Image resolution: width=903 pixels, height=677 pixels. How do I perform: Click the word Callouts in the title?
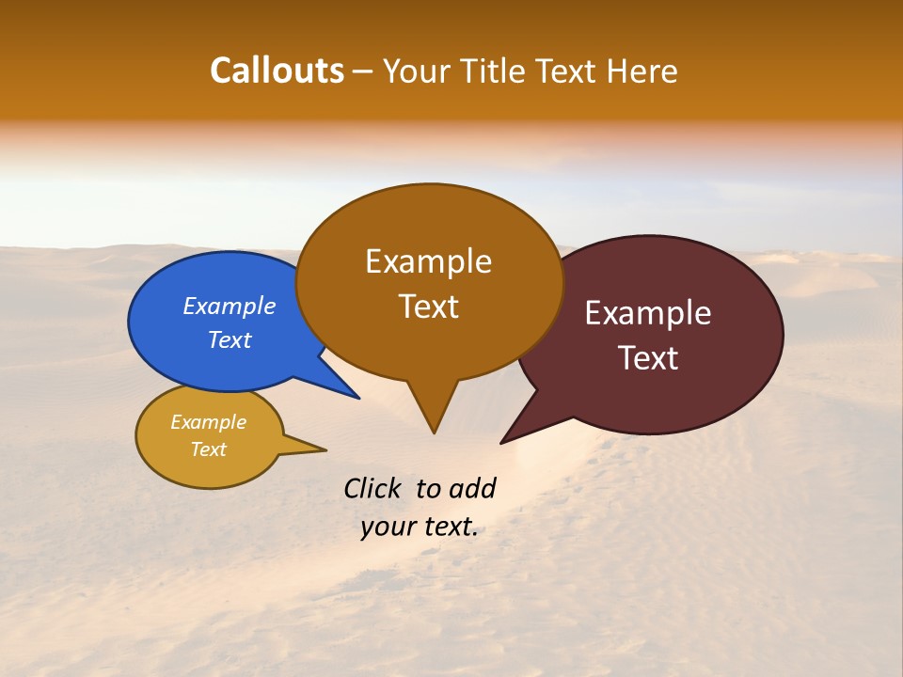[x=277, y=71]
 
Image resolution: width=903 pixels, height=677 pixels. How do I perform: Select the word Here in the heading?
[x=642, y=71]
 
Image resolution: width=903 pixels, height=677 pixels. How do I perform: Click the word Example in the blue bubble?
[x=230, y=307]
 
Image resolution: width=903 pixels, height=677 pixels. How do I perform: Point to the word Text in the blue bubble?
[x=230, y=339]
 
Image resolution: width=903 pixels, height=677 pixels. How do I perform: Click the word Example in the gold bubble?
[x=208, y=422]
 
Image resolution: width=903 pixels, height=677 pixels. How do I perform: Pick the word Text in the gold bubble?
[x=208, y=449]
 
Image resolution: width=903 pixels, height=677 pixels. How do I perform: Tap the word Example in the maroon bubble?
[x=648, y=313]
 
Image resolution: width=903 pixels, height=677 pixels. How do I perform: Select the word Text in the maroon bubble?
[x=648, y=358]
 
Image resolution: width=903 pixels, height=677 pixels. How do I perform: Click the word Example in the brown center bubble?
[x=428, y=261]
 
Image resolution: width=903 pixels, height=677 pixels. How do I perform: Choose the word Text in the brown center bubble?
[x=428, y=307]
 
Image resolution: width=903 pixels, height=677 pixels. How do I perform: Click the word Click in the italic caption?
[x=373, y=489]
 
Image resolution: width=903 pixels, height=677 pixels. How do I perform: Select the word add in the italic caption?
[x=471, y=489]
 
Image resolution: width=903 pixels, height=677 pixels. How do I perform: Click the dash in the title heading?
[x=363, y=71]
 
